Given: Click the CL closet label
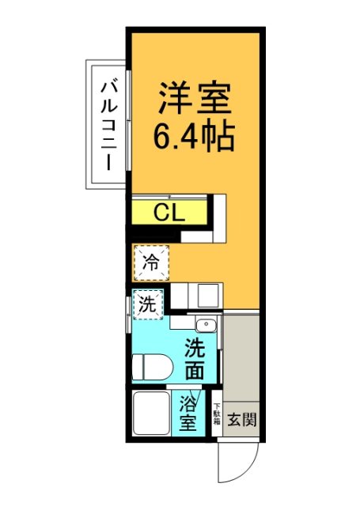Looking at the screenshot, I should [x=169, y=212].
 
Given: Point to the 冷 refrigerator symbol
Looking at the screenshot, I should [x=150, y=263].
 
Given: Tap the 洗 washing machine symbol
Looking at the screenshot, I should [x=147, y=304].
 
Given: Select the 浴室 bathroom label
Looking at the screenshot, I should [x=188, y=413].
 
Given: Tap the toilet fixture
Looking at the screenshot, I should [x=153, y=367].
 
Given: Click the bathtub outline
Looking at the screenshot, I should [x=150, y=413].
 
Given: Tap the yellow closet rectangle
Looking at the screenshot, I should [x=169, y=212].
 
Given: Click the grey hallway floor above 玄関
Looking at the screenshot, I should [x=241, y=356].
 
